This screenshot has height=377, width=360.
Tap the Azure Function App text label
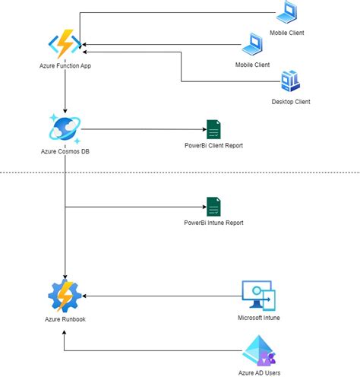(x=66, y=68)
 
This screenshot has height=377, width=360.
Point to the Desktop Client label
(x=291, y=102)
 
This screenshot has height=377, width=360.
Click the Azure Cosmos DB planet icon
(x=66, y=128)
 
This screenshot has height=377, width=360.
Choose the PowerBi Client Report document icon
(x=213, y=129)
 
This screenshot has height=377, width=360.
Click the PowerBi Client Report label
(x=213, y=145)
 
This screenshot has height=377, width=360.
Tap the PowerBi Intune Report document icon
(x=213, y=207)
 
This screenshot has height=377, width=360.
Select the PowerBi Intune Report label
(x=213, y=223)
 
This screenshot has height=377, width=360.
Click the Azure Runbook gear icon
(x=65, y=296)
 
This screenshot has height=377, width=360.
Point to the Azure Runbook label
(x=65, y=319)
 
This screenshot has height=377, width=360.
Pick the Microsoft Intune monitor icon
(x=258, y=296)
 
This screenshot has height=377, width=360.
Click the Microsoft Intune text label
(x=258, y=318)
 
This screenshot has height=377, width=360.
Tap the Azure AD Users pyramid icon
(x=258, y=353)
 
